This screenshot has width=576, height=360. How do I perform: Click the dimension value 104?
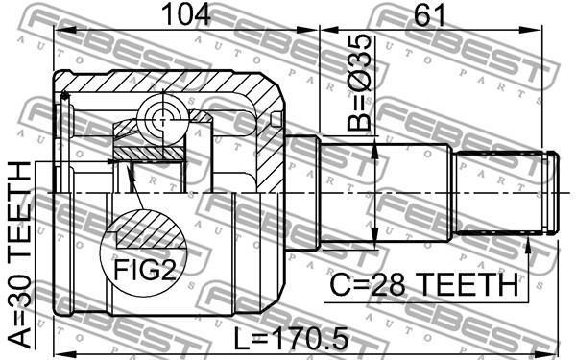[186, 14]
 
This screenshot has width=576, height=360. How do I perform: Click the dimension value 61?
[429, 14]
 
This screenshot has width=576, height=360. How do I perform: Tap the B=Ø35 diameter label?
[359, 83]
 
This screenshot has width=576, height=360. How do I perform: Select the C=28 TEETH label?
[424, 285]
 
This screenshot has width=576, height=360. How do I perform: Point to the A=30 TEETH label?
[20, 254]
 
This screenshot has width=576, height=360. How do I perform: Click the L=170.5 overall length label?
[291, 339]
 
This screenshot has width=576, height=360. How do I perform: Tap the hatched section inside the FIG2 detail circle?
[150, 229]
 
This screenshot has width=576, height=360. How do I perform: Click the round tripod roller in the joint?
[162, 118]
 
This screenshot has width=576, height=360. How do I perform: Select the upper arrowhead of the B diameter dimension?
[374, 152]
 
